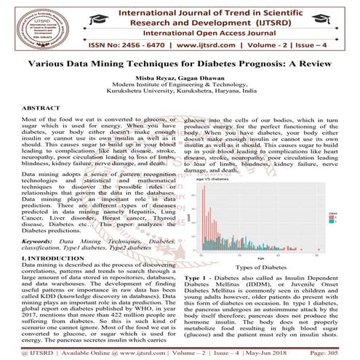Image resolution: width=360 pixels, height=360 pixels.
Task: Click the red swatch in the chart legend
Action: [x=335, y=215]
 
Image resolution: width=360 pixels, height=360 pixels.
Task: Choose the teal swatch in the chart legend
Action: [x=335, y=220]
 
